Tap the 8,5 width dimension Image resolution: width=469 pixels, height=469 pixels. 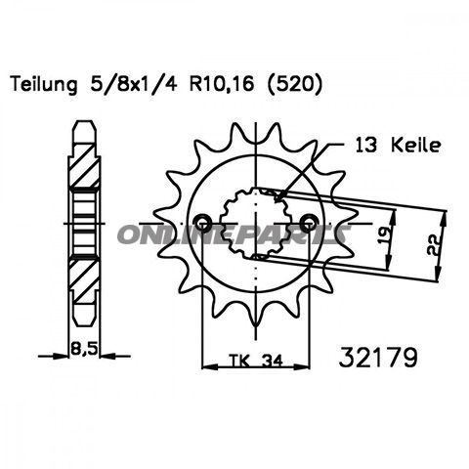[90, 343]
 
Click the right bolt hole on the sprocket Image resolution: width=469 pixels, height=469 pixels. [310, 219]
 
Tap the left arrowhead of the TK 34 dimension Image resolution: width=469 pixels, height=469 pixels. [206, 367]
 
